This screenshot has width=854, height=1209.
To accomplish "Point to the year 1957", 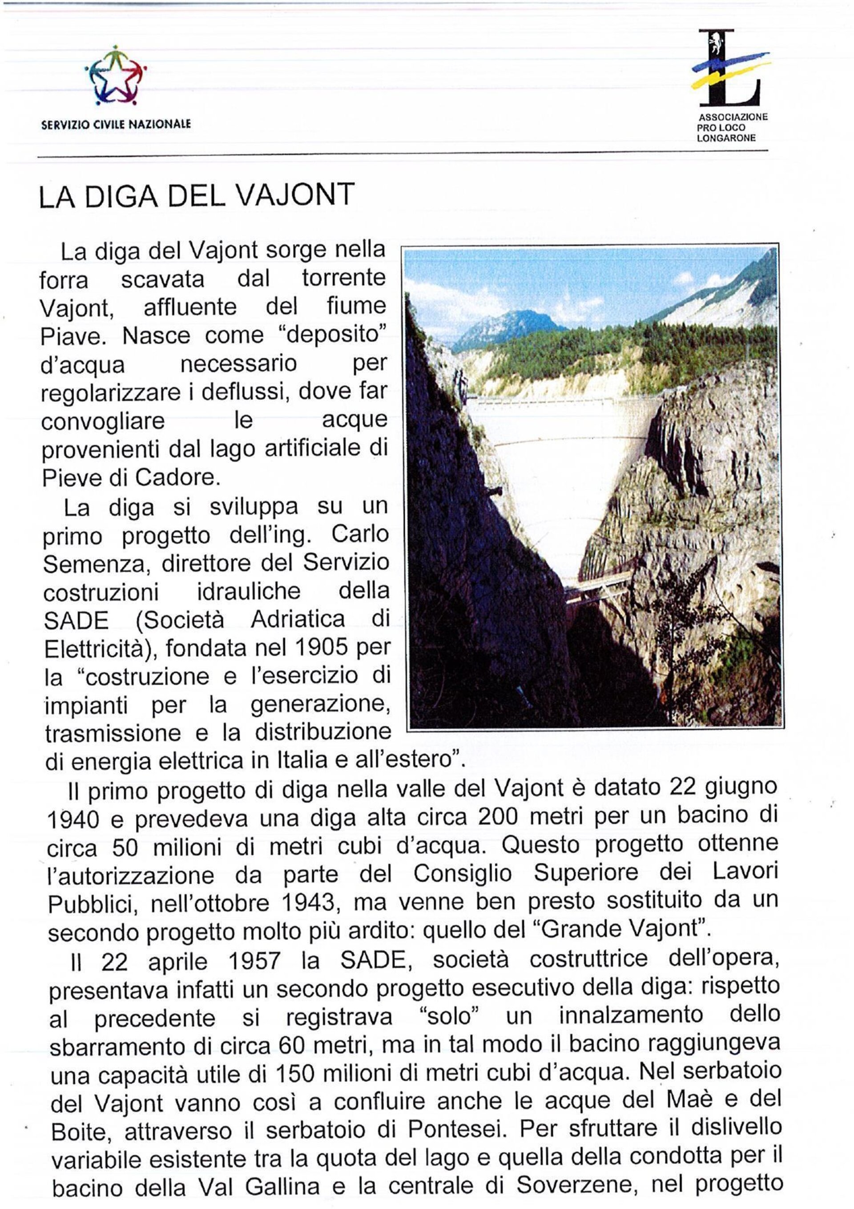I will point(254,961).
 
